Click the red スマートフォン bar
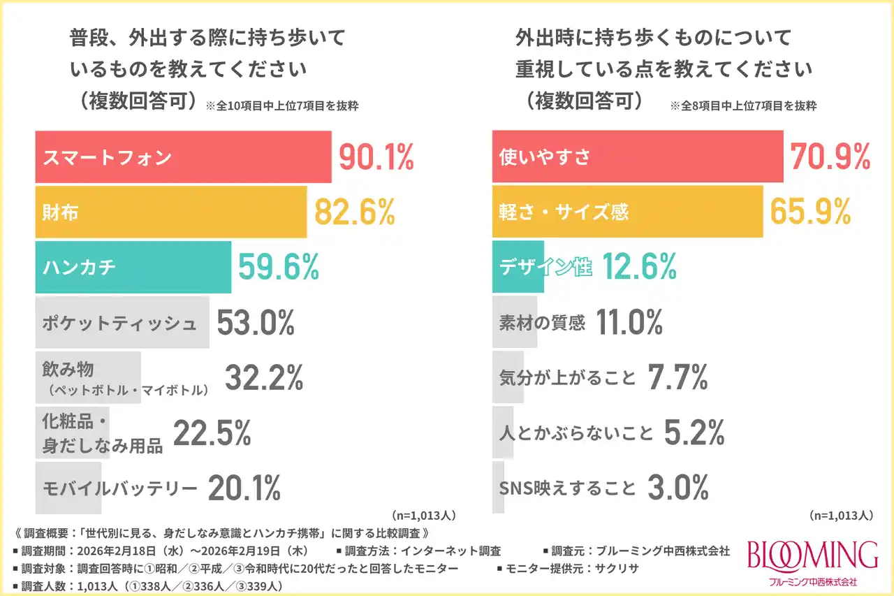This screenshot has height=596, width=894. [x=183, y=157]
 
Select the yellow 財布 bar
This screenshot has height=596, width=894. [x=170, y=212]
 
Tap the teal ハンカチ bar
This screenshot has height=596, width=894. [x=133, y=267]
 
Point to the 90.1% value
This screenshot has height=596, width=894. [x=376, y=157]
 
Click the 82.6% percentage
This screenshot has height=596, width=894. [x=355, y=212]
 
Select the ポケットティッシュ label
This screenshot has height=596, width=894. [x=119, y=323]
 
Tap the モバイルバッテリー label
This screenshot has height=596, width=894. [x=119, y=488]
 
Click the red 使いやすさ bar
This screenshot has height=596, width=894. [x=638, y=157]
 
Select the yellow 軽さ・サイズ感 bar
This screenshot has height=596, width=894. [x=627, y=212]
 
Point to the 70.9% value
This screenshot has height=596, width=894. [x=830, y=157]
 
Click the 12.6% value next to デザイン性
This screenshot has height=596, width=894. [x=639, y=267]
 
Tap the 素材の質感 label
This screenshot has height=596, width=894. [x=543, y=323]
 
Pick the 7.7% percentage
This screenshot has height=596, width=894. [x=677, y=378]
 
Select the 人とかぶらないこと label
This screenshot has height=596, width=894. [x=576, y=433]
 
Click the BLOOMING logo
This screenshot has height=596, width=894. [x=812, y=555]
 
